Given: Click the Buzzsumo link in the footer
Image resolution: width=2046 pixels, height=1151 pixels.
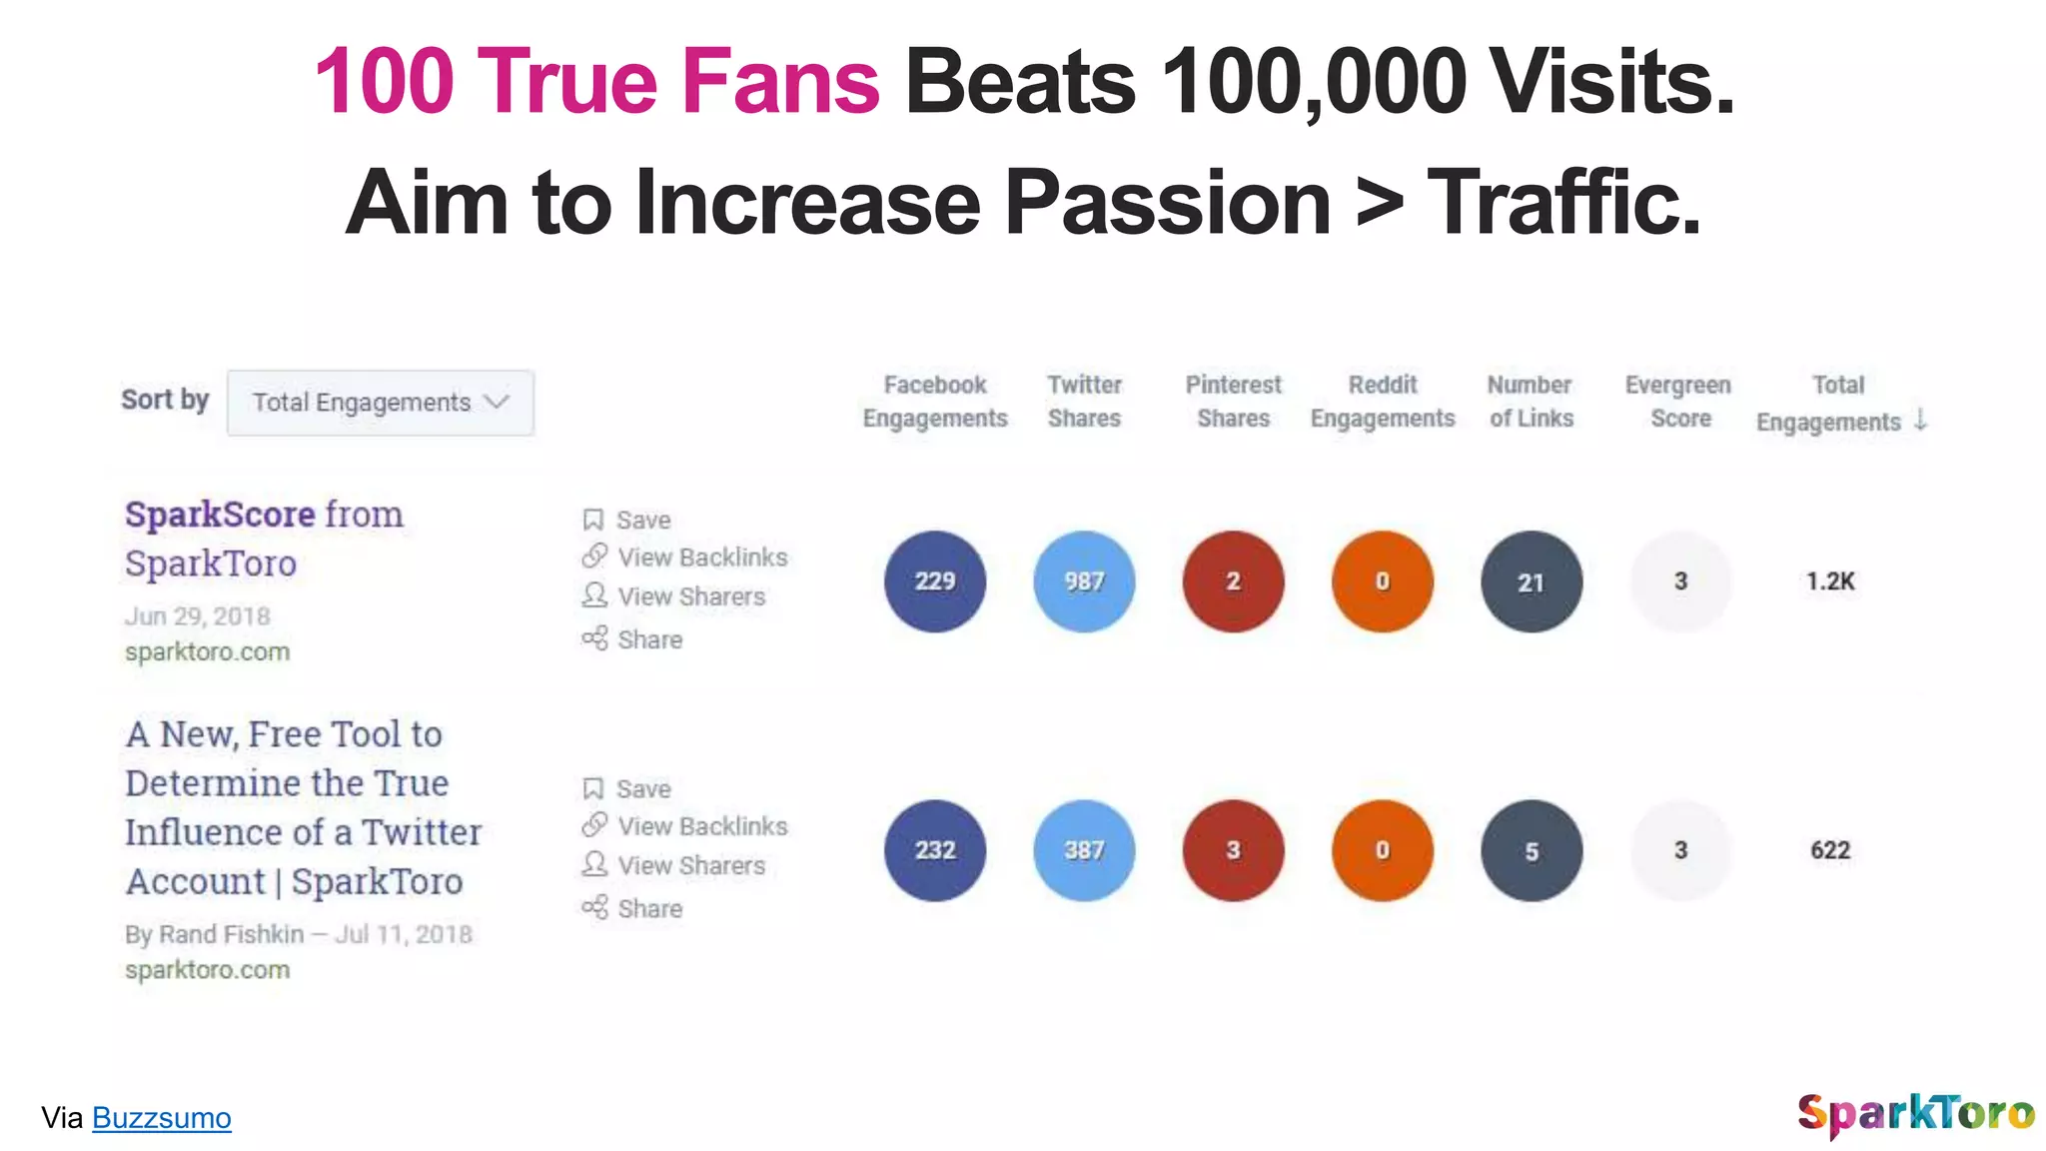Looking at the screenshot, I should coord(161,1118).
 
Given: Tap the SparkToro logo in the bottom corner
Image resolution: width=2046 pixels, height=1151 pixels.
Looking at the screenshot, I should coord(1915,1113).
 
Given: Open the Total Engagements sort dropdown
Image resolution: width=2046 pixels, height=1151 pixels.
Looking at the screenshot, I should coord(380,403).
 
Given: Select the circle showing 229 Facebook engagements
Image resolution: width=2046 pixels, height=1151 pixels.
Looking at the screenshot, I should coord(934,581).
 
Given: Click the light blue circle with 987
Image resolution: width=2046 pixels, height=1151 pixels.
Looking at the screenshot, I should coord(1084,581).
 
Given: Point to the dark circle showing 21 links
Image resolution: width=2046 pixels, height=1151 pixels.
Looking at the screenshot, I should coord(1531,581).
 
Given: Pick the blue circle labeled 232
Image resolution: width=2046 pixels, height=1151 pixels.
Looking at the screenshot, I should coord(934,850).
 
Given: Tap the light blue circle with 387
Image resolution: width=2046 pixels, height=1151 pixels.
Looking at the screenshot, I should coord(1084,850).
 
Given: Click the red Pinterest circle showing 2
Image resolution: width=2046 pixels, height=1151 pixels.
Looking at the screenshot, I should coord(1233,581).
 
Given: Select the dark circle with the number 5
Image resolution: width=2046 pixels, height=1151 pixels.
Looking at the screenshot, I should coord(1531,850).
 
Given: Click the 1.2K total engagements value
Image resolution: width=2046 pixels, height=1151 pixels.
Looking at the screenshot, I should coord(1829,581).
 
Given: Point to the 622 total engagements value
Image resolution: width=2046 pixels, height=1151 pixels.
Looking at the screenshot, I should coord(1829,850).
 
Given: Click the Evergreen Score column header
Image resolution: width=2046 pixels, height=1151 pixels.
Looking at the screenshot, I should coord(1678,402).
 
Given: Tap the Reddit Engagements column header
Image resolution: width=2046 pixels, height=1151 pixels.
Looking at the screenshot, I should coord(1383,402).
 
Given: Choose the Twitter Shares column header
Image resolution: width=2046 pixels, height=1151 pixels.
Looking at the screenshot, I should coord(1084,402).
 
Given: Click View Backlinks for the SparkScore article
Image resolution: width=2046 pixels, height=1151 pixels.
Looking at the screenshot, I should coord(701,558).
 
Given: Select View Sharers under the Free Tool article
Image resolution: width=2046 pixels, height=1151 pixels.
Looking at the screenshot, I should coord(690,865).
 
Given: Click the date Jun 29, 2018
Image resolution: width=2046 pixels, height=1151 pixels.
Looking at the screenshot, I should coord(198,616).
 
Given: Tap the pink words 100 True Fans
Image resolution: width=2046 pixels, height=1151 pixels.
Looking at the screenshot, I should coord(597,82).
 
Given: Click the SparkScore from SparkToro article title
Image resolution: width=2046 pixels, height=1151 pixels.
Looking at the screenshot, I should coord(264,539).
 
